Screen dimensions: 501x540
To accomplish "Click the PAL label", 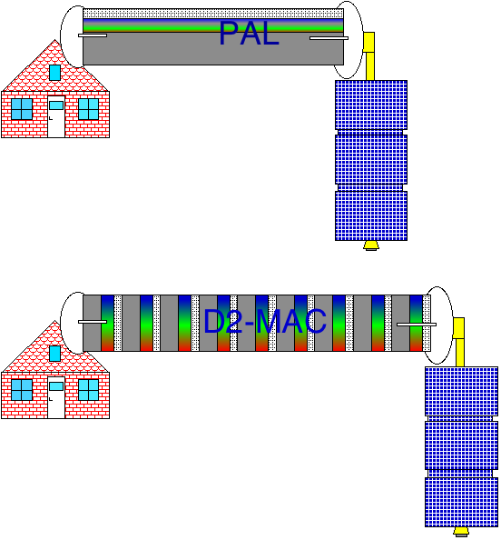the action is click(249, 33).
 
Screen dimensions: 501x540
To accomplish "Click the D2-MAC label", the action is click(265, 321).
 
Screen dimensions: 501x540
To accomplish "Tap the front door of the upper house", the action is click(56, 116).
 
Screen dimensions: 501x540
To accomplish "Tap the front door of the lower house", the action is click(56, 398).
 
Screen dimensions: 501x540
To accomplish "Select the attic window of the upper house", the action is click(55, 73).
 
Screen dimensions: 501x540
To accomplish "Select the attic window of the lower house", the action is click(55, 354).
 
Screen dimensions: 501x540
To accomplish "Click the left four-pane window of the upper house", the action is click(22, 109).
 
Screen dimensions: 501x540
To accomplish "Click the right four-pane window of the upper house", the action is click(88, 109).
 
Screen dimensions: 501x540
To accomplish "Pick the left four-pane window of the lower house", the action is click(22, 390).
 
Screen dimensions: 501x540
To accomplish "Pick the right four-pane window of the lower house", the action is click(88, 390).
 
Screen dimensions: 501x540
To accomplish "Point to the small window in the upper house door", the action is click(56, 105).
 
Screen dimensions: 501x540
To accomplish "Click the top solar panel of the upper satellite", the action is click(371, 105).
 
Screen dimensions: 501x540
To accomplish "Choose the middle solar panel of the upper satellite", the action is click(371, 159).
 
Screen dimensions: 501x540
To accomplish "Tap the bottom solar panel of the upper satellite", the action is click(371, 216).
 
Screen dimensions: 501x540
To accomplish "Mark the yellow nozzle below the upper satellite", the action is click(370, 245).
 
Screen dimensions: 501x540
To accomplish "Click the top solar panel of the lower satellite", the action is click(461, 392).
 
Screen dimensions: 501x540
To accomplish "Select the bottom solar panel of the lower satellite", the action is click(461, 503).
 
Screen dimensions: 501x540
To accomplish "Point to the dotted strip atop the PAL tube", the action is click(213, 14).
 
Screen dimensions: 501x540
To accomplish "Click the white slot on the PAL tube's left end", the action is click(93, 35).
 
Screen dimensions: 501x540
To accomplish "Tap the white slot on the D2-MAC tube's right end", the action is click(417, 325).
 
